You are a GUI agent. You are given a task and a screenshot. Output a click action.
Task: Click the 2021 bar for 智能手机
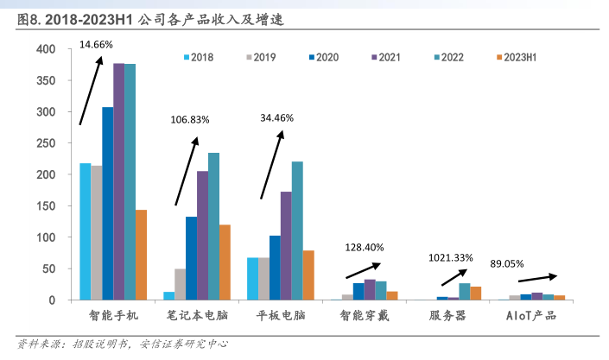coord(118,181)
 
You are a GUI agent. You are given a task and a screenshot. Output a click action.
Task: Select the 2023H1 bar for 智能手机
coord(141,255)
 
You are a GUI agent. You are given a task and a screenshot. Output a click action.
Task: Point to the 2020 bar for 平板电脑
coord(275,268)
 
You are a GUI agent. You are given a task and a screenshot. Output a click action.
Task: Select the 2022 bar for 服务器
coord(465,291)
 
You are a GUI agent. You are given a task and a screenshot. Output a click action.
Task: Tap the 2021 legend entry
coord(389,58)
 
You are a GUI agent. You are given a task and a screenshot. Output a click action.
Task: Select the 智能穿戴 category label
coord(364,316)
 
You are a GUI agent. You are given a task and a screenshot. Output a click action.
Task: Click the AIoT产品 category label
coord(530,316)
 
